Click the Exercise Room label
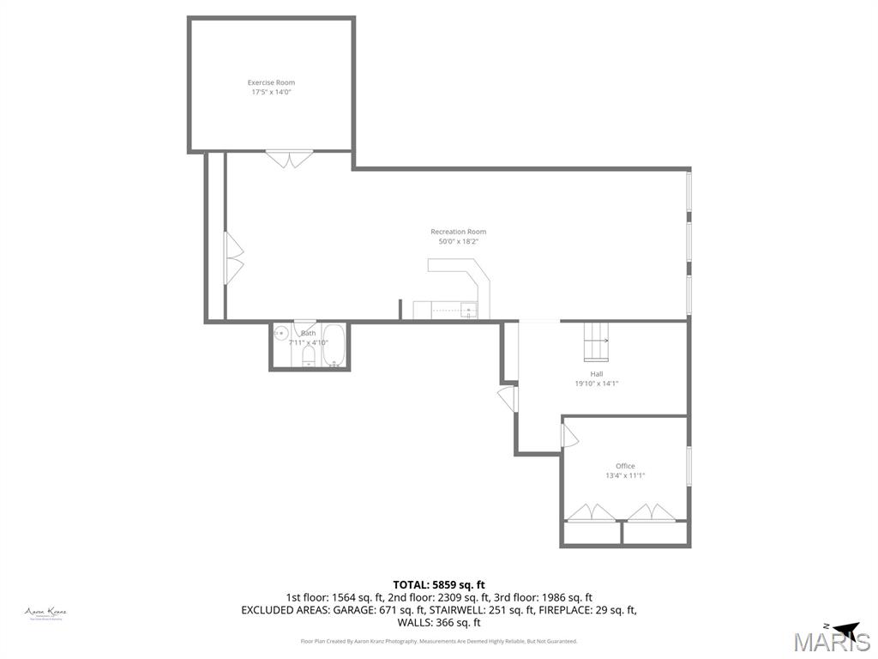click(271, 82)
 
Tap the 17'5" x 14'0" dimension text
click(271, 92)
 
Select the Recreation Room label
click(458, 232)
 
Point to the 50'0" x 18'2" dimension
click(458, 241)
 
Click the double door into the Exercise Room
click(290, 159)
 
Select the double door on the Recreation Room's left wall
click(233, 256)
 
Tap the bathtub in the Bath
click(334, 345)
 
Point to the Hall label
click(596, 374)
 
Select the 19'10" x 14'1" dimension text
click(596, 384)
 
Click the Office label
click(625, 466)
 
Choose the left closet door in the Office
click(591, 512)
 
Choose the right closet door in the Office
click(651, 512)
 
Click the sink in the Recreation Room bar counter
click(468, 310)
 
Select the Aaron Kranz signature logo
click(45, 613)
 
